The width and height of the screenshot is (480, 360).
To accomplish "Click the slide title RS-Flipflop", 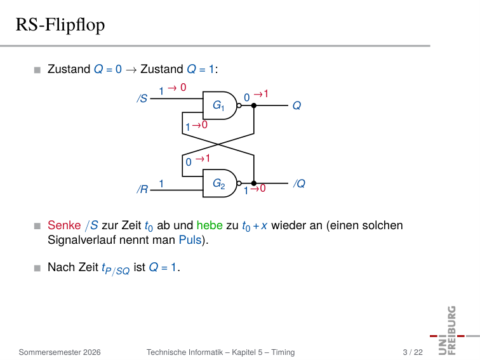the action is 60,25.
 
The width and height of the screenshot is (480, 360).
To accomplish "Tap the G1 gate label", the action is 218,105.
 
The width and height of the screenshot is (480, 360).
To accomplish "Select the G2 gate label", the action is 218,183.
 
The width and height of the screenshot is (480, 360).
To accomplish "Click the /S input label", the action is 142,98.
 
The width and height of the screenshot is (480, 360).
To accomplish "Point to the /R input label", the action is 142,189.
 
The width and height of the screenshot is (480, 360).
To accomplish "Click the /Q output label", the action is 300,183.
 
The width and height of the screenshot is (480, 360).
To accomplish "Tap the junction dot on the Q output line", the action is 254,105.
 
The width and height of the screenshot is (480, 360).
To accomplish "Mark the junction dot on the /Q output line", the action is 254,183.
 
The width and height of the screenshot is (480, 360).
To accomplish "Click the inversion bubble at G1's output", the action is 239,105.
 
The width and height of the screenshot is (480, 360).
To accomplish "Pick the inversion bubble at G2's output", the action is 239,183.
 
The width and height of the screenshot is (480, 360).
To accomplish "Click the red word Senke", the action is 64,225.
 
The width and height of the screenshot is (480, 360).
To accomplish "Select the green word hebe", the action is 210,225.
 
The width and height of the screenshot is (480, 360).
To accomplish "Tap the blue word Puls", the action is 190,240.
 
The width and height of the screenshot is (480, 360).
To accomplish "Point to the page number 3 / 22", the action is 413,352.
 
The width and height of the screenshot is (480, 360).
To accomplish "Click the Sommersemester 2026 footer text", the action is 60,352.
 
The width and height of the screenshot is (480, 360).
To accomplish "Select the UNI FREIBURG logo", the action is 452,330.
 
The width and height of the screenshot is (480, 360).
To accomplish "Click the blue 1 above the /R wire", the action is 161,183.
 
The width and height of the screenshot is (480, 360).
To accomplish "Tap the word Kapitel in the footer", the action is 243,352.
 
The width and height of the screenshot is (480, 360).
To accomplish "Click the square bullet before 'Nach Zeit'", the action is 37,269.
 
